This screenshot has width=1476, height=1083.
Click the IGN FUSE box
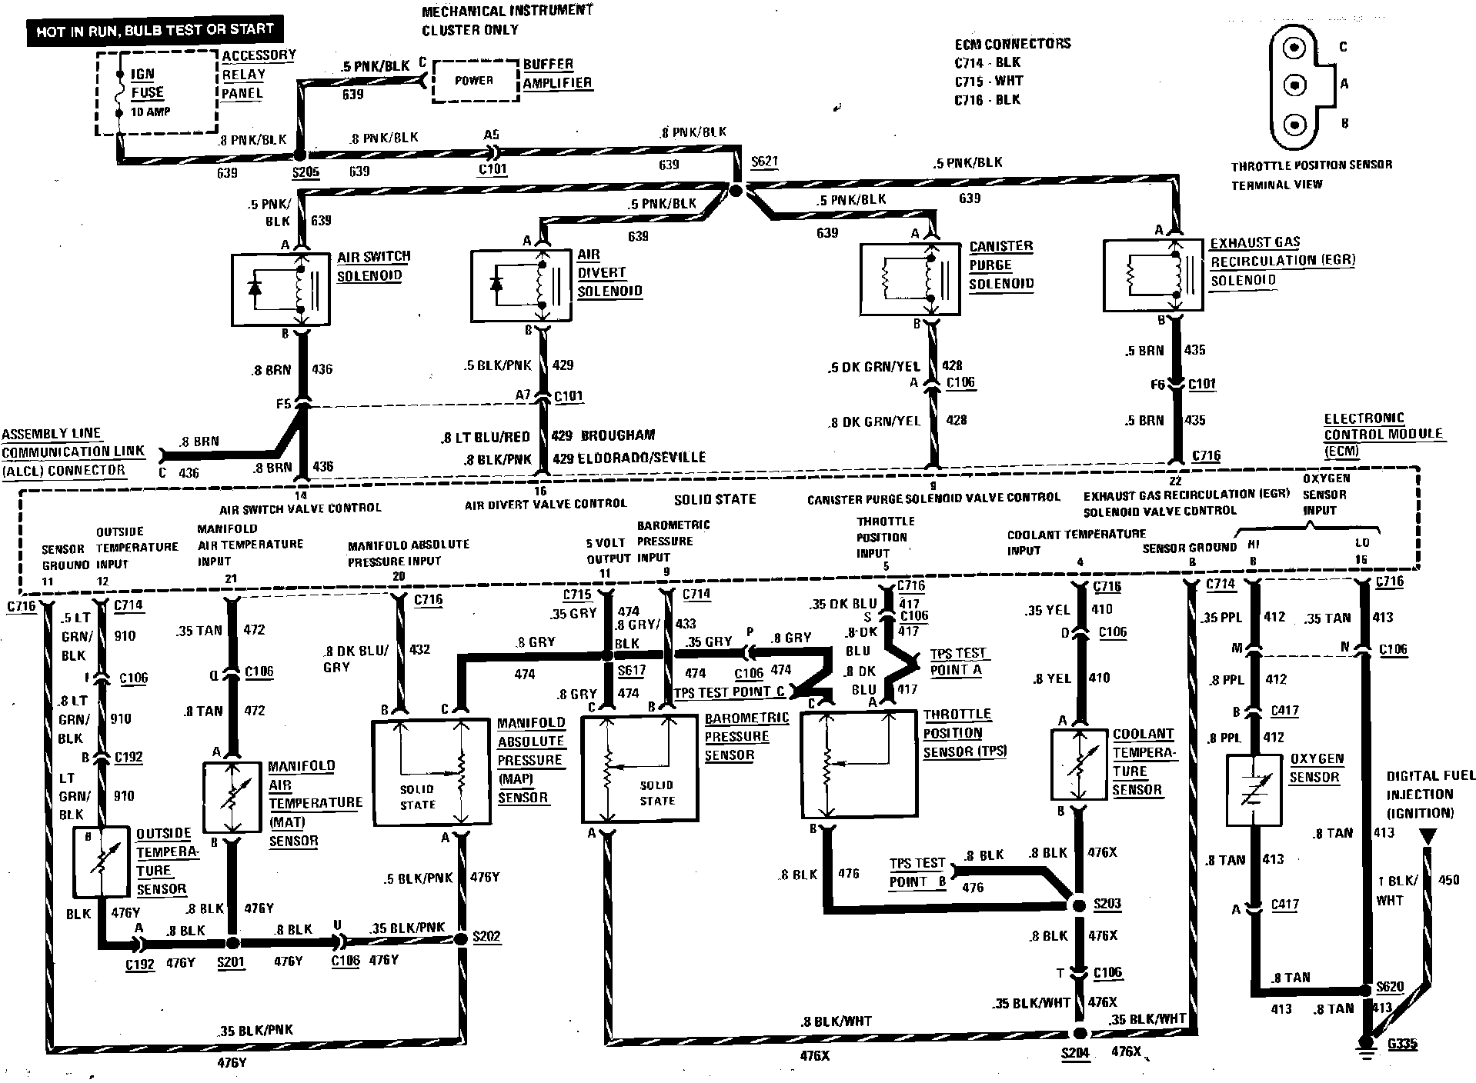pyautogui.click(x=156, y=92)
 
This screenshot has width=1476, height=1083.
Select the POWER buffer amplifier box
pyautogui.click(x=475, y=81)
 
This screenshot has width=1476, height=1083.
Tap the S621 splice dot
pyautogui.click(x=735, y=190)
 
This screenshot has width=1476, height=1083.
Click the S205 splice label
pyautogui.click(x=306, y=172)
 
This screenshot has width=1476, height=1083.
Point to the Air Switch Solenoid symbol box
pyautogui.click(x=281, y=290)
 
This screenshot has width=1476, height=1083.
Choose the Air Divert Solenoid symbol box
pyautogui.click(x=521, y=284)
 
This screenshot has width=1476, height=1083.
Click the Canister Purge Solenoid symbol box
pyautogui.click(x=910, y=278)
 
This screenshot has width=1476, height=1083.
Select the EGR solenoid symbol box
pyautogui.click(x=1153, y=275)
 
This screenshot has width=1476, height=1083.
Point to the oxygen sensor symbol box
pyautogui.click(x=1253, y=791)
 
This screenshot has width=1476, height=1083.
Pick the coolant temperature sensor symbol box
pyautogui.click(x=1080, y=764)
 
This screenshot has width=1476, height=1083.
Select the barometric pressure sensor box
pyautogui.click(x=639, y=769)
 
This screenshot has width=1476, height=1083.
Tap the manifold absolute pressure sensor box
pyautogui.click(x=431, y=772)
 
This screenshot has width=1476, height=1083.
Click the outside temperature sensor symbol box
pyautogui.click(x=101, y=862)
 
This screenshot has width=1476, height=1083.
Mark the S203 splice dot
pyautogui.click(x=1079, y=905)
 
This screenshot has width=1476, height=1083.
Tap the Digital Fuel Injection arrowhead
pyautogui.click(x=1428, y=837)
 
